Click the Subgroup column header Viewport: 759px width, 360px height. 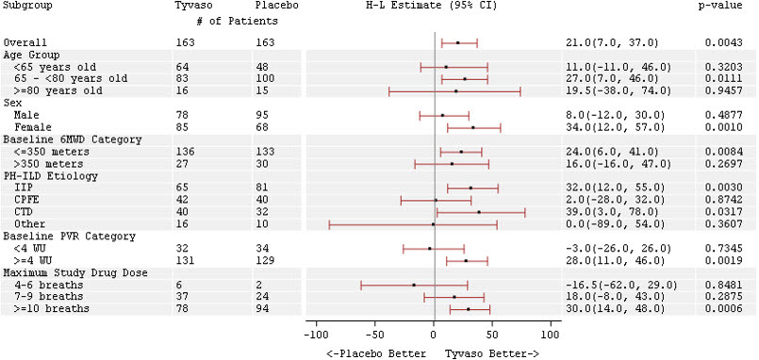(x=27, y=6)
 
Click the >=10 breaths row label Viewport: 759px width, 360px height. (x=52, y=308)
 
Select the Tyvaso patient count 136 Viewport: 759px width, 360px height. (x=185, y=152)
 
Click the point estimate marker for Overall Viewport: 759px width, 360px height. (x=458, y=42)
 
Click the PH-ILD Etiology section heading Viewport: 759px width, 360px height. (x=43, y=176)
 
